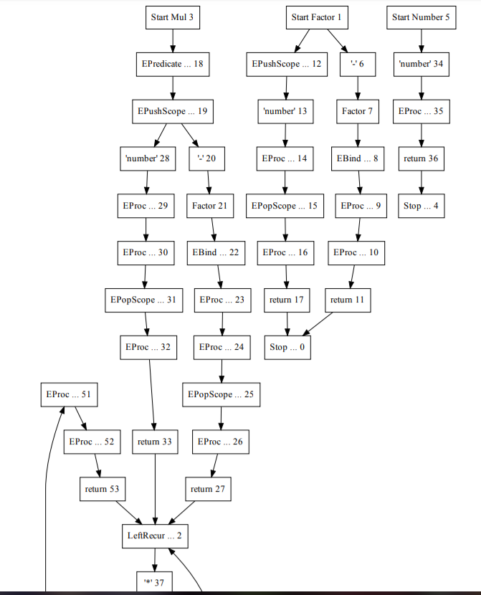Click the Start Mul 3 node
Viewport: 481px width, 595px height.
(x=172, y=16)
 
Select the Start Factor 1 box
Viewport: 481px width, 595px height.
(x=316, y=16)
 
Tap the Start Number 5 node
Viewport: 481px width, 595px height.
(x=421, y=16)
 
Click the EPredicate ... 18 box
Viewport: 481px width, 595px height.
(x=172, y=64)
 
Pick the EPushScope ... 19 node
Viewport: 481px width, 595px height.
(x=172, y=111)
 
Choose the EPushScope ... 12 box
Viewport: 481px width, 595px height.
(x=286, y=64)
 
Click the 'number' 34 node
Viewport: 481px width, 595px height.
(x=421, y=64)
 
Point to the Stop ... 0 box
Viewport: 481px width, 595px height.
(x=287, y=347)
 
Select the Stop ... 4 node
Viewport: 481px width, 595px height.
(x=421, y=206)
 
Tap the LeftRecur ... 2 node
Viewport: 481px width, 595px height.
(x=156, y=535)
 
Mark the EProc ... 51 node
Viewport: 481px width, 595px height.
(x=67, y=394)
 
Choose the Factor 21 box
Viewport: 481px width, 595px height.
(x=210, y=206)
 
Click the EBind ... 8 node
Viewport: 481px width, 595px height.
(x=358, y=158)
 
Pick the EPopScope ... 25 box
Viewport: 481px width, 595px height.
(x=221, y=394)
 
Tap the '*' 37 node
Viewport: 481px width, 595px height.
(x=156, y=581)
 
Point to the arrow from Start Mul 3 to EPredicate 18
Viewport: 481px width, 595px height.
(x=172, y=40)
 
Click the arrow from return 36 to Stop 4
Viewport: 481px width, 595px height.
(x=421, y=182)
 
